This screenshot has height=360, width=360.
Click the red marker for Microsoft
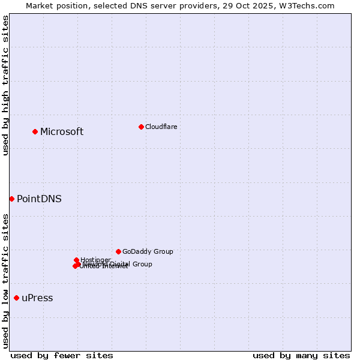[35, 131]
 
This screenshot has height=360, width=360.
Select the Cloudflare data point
[141, 127]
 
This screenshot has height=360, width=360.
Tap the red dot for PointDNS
[11, 199]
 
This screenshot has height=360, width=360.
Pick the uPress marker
[16, 298]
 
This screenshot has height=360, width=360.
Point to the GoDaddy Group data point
[118, 251]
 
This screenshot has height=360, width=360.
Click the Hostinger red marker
[76, 260]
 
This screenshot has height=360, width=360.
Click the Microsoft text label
[62, 132]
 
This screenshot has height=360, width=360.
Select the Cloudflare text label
[161, 127]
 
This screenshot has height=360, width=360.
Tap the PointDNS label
[39, 199]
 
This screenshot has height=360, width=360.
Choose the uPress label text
[37, 298]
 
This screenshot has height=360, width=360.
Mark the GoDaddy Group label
[148, 251]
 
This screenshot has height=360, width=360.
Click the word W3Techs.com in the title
[310, 5]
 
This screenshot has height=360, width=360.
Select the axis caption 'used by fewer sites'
[62, 355]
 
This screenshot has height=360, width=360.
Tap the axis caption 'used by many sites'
[301, 355]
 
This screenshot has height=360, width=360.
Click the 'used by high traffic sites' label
[6, 85]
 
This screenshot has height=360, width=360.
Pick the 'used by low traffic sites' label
[6, 281]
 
